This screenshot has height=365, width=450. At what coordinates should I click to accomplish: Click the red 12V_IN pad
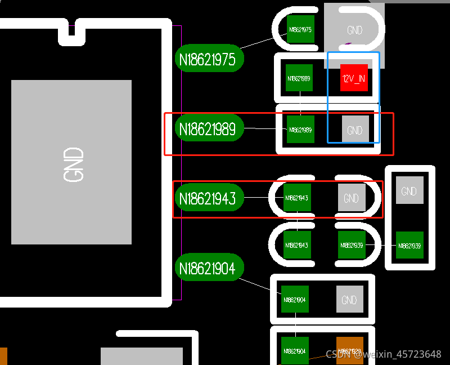(354, 78)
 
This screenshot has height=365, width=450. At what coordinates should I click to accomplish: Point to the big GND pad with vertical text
(71, 162)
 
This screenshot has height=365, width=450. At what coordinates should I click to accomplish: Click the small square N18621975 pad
(300, 29)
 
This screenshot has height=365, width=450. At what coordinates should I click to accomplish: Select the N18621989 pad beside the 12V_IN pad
(299, 78)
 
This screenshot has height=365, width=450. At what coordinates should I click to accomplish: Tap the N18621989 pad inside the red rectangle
(300, 130)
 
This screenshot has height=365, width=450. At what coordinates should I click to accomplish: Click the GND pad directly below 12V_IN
(355, 130)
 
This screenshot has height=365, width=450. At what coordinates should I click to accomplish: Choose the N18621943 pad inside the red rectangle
(297, 198)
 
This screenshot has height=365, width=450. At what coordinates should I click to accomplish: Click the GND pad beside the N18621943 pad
(352, 198)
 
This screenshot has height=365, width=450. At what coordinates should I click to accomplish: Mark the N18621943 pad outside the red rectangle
(297, 246)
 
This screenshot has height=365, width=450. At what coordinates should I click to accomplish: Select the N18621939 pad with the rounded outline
(352, 246)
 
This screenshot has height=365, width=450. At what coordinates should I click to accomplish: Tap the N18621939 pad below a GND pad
(409, 246)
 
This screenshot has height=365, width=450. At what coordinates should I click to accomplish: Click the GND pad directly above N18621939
(409, 191)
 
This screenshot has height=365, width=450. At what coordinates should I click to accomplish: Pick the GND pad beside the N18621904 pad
(349, 300)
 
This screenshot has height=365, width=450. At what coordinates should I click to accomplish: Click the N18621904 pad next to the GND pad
(295, 300)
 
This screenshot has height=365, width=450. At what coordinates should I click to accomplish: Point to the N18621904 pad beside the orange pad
(295, 350)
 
